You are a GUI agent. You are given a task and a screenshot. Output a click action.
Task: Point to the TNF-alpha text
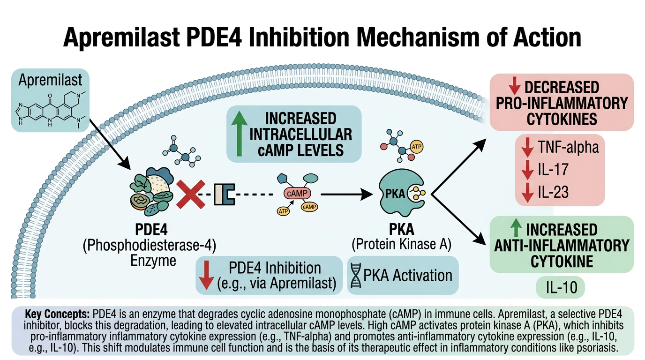[568, 148]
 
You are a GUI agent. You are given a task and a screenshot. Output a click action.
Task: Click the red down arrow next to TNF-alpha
[528, 148]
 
